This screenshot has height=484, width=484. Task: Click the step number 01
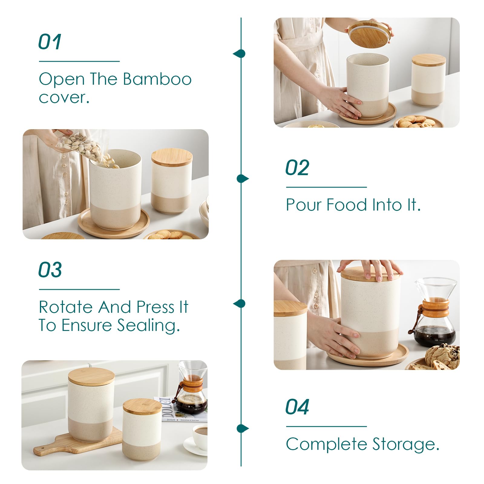pos(50,42)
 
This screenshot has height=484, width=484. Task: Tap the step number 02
pos(297,168)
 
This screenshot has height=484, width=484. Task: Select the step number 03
pos(50,270)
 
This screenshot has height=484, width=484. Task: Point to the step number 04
pos(297,407)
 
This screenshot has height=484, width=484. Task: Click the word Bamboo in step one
pos(157,79)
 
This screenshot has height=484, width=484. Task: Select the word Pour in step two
pos(304,205)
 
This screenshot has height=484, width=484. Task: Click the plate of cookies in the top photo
pos(417,122)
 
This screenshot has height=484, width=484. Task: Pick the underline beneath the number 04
pos(326,427)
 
